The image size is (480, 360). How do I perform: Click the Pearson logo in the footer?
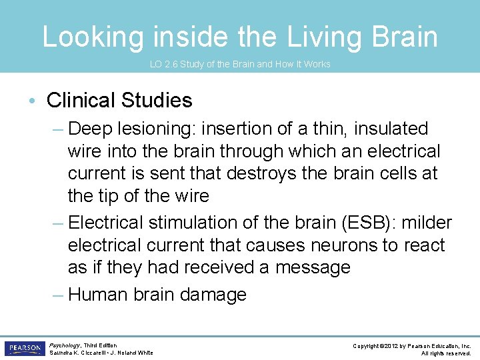(23, 348)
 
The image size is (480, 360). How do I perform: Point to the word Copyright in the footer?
(370, 345)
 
